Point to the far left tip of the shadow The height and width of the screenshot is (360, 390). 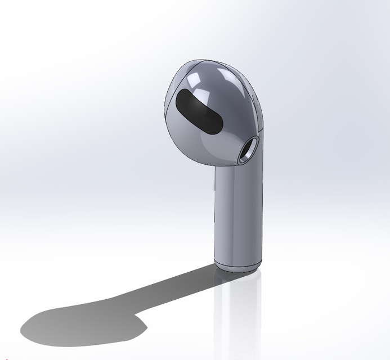(23, 329)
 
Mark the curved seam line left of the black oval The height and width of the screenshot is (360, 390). (167, 107)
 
